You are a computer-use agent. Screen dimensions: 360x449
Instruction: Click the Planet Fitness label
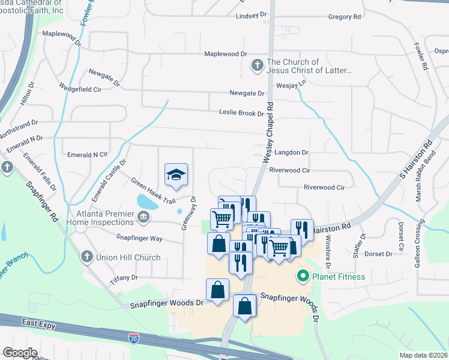point(337,277)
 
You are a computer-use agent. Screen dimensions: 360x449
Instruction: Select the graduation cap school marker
point(176,174)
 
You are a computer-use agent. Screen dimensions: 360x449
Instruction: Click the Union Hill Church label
point(128,257)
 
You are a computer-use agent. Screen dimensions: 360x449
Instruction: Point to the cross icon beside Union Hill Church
point(86,257)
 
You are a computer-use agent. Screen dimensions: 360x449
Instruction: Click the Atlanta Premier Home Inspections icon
point(143,217)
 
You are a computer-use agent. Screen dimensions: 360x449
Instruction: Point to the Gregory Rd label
point(345,17)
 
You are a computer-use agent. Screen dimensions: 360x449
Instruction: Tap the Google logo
point(19,353)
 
